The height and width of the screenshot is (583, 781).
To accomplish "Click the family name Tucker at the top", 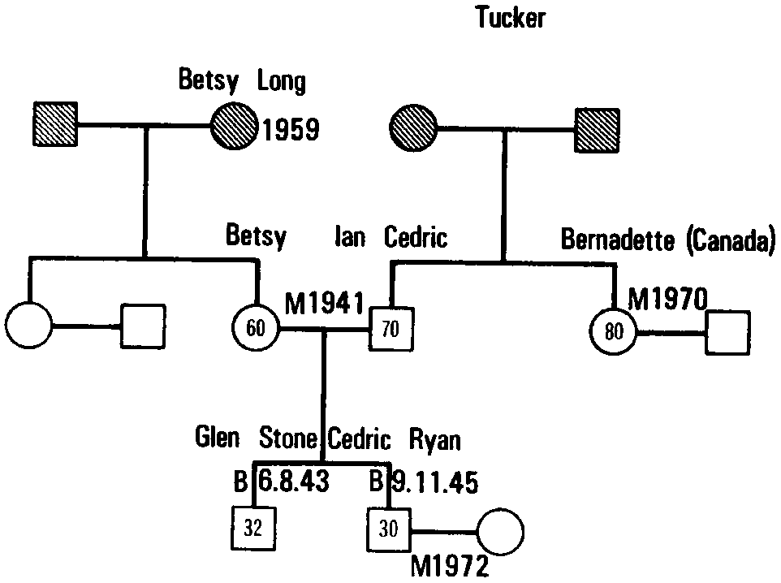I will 511,18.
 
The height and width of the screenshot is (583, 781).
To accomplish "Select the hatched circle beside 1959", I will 234,127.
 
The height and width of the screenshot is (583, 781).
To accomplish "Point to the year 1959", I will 290,130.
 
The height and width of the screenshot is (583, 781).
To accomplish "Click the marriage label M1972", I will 450,566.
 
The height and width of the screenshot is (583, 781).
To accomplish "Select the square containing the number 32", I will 253,528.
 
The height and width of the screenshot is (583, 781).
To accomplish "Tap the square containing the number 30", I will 390,529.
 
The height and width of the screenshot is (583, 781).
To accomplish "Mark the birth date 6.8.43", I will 293,482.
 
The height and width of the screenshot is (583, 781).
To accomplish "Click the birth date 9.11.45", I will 434,482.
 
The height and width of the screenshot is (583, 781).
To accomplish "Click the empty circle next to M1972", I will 500,532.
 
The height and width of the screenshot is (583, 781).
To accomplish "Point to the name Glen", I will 218,439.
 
